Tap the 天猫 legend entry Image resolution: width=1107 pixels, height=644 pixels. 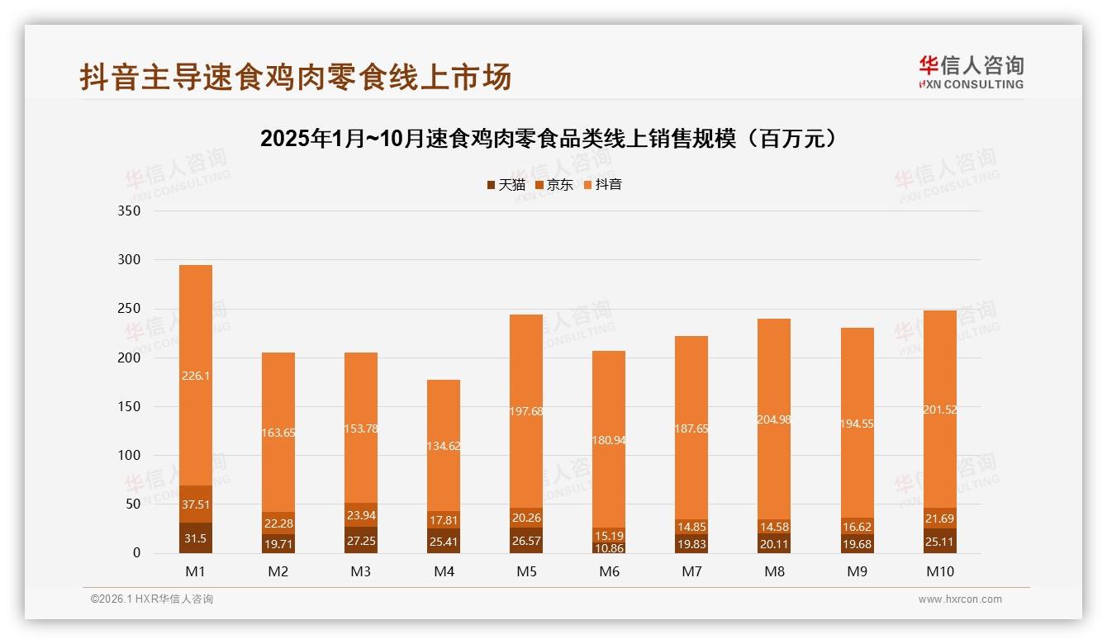(x=506, y=185)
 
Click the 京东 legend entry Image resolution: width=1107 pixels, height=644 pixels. (x=554, y=185)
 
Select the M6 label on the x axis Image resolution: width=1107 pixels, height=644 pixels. (x=609, y=571)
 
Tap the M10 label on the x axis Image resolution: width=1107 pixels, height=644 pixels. (x=939, y=571)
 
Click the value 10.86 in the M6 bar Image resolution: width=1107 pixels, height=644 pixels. (x=609, y=547)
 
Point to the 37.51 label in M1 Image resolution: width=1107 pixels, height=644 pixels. (x=196, y=504)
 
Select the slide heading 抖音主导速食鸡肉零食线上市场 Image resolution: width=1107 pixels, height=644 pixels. (x=296, y=77)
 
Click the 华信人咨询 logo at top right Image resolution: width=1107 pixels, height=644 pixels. (x=971, y=72)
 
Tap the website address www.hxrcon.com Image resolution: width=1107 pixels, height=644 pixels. (x=960, y=599)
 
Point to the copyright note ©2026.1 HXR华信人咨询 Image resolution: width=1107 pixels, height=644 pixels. (x=152, y=599)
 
